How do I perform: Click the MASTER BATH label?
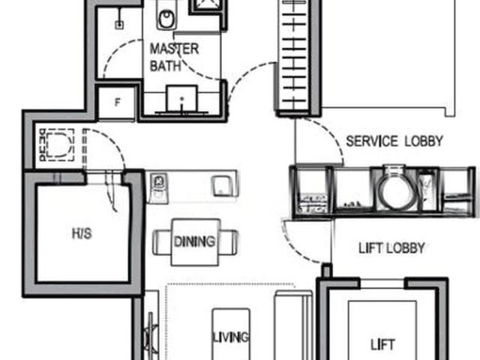[175, 57]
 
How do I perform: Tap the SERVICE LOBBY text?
[394, 141]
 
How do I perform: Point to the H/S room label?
[81, 233]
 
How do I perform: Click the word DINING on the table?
[194, 241]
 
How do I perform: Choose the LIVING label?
[230, 337]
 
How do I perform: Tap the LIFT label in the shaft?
[382, 345]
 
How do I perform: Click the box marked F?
[118, 103]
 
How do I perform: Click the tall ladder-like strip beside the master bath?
[294, 56]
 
